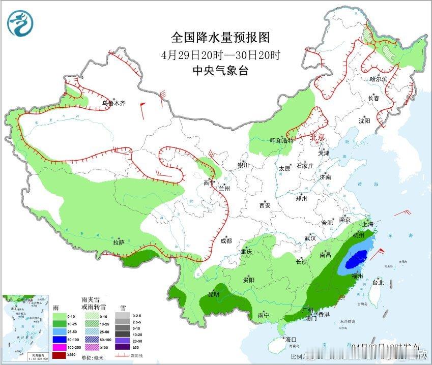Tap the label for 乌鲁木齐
point(113,103)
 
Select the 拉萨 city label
point(119,242)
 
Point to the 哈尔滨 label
point(379,79)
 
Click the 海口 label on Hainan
point(291,340)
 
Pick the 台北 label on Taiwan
point(378,282)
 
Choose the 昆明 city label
point(213,294)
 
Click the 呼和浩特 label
point(281,140)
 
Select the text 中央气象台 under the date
point(220,71)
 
